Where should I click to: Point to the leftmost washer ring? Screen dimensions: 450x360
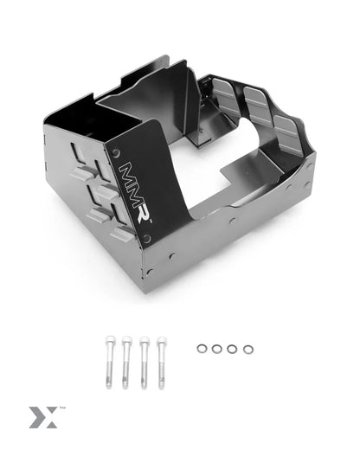click(202, 349)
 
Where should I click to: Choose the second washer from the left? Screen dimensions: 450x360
click(217, 349)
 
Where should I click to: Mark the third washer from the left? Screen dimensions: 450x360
click(232, 349)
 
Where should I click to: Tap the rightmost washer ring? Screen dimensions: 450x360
click(248, 349)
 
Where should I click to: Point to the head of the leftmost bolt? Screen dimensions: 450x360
click(111, 339)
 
